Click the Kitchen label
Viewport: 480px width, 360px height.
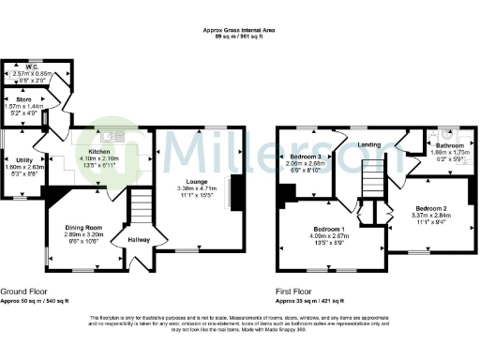[100, 152]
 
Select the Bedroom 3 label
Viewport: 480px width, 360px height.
[307, 156]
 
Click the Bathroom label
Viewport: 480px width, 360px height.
[445, 146]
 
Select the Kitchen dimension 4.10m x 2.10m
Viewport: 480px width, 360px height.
[100, 159]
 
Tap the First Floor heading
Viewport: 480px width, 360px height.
[297, 291]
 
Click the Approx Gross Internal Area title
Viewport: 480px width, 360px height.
[239, 30]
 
